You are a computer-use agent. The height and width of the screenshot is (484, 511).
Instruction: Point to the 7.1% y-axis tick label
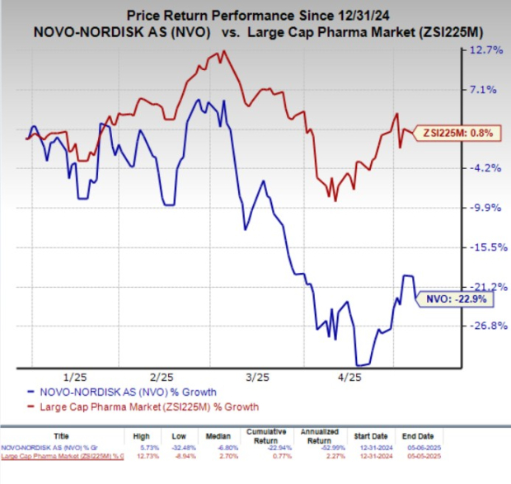coord(485,90)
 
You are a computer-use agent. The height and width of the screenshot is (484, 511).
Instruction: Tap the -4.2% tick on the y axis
coord(485,168)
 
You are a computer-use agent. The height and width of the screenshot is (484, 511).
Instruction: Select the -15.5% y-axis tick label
coord(483,247)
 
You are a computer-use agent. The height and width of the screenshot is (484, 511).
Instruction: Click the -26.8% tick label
coord(483,325)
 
